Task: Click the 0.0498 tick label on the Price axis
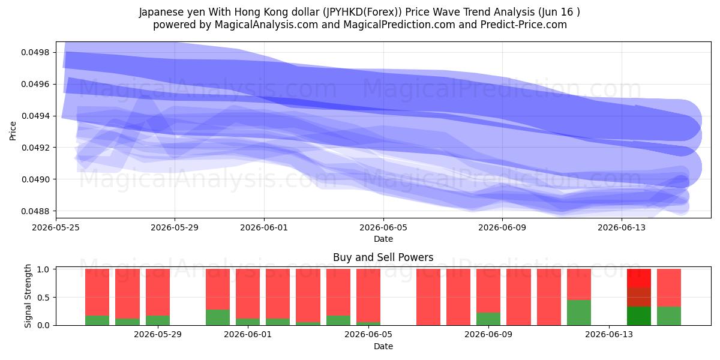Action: (x=35, y=52)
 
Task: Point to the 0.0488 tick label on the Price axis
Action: (x=35, y=211)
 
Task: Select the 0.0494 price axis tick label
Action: (x=35, y=116)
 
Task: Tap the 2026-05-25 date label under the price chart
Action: (x=56, y=227)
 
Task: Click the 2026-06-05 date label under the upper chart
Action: (x=383, y=227)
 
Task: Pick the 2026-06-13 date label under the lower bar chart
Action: (x=609, y=334)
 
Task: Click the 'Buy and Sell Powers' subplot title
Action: (x=383, y=257)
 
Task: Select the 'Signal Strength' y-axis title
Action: (x=28, y=296)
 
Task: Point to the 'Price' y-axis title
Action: (x=13, y=131)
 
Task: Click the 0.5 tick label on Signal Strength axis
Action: (x=43, y=298)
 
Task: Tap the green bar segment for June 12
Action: (x=579, y=313)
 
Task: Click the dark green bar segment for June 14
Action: (x=639, y=316)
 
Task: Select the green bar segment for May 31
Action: (x=218, y=317)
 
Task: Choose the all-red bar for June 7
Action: (x=428, y=297)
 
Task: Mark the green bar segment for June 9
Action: (x=488, y=319)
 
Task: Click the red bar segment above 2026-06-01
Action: (x=248, y=294)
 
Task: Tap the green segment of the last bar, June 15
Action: (x=669, y=316)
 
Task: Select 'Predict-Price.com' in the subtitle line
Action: (x=524, y=25)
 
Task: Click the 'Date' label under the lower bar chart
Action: (x=383, y=346)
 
